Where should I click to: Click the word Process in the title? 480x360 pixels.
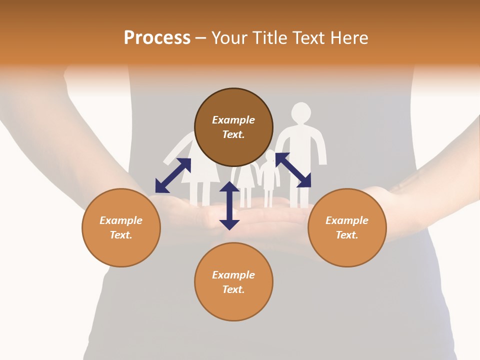click(157, 38)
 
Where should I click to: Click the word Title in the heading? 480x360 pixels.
click(269, 38)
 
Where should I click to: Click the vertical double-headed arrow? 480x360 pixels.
click(229, 205)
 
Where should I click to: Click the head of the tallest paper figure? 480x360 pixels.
click(301, 112)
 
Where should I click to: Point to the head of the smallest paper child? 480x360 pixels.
click(270, 155)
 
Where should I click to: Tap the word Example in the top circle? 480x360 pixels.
click(233, 120)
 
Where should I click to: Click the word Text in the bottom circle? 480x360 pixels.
click(233, 289)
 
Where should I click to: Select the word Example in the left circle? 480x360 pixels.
click(121, 220)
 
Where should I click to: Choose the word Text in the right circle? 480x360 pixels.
click(347, 235)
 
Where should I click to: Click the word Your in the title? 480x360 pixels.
click(229, 38)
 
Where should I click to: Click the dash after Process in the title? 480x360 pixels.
click(201, 38)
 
